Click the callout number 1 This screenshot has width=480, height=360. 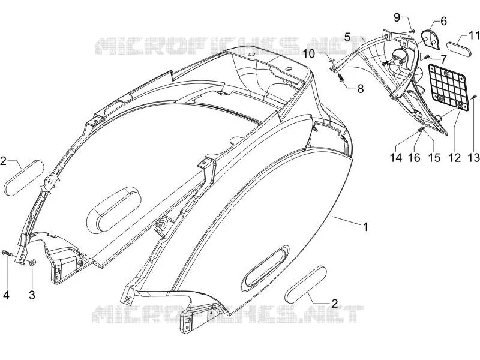[x=365, y=227]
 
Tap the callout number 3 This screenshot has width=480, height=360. [x=32, y=295]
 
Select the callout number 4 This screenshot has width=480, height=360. [x=6, y=295]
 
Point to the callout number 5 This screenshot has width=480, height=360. [x=347, y=37]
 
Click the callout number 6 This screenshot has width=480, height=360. [x=443, y=21]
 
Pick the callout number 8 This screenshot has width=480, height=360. [x=361, y=89]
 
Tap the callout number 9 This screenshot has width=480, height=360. [x=397, y=17]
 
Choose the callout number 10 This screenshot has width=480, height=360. [x=309, y=54]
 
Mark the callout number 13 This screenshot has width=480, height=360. [x=474, y=157]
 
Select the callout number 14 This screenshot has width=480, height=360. [x=395, y=157]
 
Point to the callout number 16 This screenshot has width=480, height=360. [x=414, y=157]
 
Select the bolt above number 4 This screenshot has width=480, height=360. [x=7, y=253]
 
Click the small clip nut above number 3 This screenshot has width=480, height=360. [x=32, y=262]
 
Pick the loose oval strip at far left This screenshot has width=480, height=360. [x=24, y=178]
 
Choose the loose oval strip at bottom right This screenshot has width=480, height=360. [x=305, y=284]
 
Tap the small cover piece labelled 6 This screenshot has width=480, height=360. [x=431, y=39]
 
